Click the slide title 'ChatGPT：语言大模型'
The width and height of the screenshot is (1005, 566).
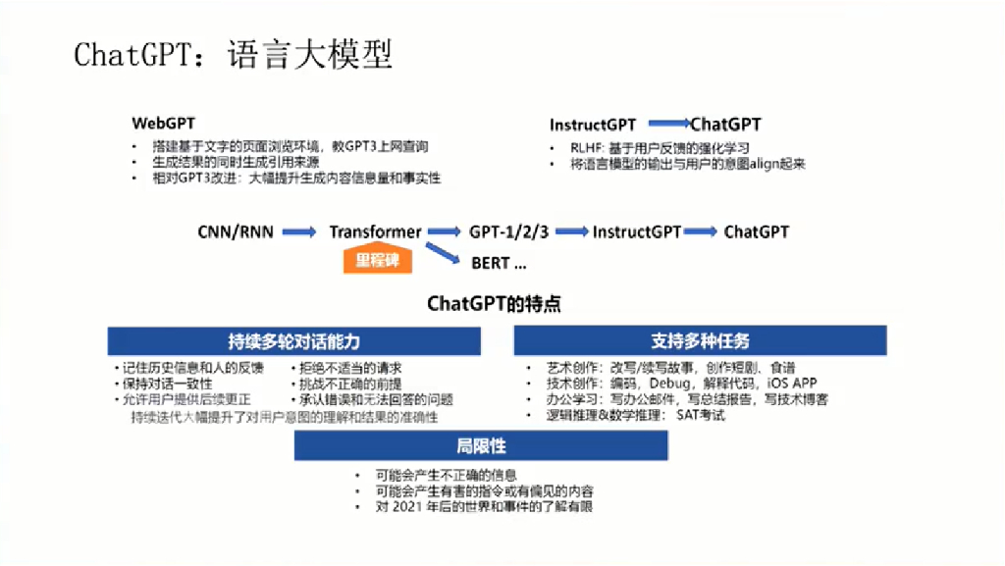pos(234,55)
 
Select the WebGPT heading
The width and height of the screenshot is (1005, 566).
pos(164,125)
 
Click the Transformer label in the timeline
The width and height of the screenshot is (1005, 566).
pos(375,232)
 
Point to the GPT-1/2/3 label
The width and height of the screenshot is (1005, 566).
pos(508,232)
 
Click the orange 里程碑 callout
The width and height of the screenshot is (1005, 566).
pos(377,260)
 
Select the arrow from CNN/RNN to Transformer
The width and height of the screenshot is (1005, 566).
pos(299,232)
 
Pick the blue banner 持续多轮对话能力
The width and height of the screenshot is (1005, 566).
pos(294,341)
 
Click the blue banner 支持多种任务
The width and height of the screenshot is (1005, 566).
pos(700,341)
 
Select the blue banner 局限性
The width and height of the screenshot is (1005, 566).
pos(481,446)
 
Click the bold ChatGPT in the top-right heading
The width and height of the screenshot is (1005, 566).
pos(725,125)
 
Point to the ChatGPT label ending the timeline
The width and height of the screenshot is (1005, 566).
pos(756,232)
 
